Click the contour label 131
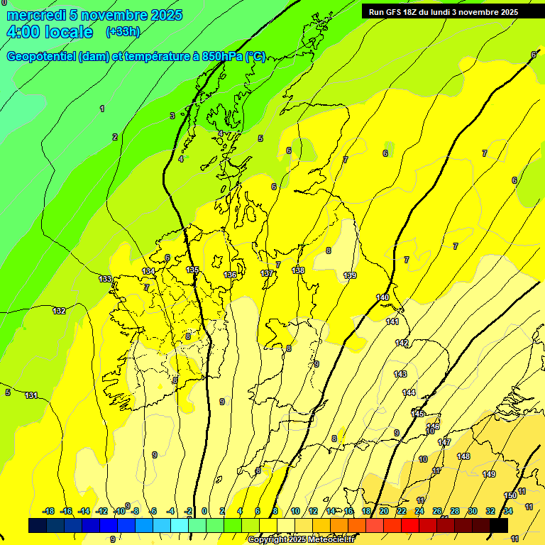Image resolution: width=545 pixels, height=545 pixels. [x=31, y=395]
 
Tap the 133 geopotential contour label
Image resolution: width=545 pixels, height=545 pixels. [x=105, y=279]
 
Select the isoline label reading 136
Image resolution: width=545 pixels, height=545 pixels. [x=230, y=275]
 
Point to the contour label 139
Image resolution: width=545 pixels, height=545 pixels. [x=350, y=275]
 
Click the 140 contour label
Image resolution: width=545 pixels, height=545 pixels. [x=382, y=297]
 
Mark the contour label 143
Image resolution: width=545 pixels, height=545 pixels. [x=400, y=374]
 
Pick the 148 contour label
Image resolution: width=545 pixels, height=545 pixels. [x=463, y=456]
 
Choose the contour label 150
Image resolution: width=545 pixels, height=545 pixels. [x=510, y=495]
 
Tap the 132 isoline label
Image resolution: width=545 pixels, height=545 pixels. [x=60, y=311]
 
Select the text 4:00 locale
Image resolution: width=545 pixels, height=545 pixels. [x=50, y=32]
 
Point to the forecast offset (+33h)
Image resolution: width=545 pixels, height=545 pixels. [x=123, y=32]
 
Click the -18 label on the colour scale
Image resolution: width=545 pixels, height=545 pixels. [x=49, y=511]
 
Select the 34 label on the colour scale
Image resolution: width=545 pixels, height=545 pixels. [x=508, y=511]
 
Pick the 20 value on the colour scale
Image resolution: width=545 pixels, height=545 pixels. [x=383, y=511]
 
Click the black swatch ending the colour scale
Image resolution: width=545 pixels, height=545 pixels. [x=499, y=525]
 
